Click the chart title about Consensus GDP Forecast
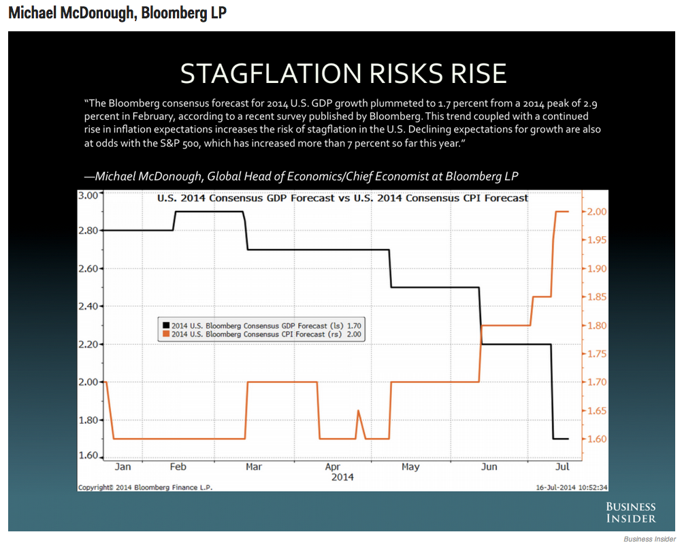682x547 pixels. tap(342, 198)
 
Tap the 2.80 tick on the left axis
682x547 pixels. tap(88, 231)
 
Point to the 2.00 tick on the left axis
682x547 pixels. tap(88, 382)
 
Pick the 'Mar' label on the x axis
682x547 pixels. tap(254, 467)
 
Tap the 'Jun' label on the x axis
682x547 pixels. tap(489, 467)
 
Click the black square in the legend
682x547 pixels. tap(165, 325)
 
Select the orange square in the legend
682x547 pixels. tap(165, 334)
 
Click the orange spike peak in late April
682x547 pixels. tap(359, 410)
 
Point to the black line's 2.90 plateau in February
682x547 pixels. tap(209, 212)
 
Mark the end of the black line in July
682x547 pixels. tap(568, 439)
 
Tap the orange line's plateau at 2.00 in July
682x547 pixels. tap(562, 212)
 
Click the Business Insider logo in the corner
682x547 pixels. tap(631, 513)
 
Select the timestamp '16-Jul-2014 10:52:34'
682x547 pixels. tap(572, 487)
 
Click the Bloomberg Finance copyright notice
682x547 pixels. tap(145, 487)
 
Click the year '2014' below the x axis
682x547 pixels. tap(342, 478)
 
